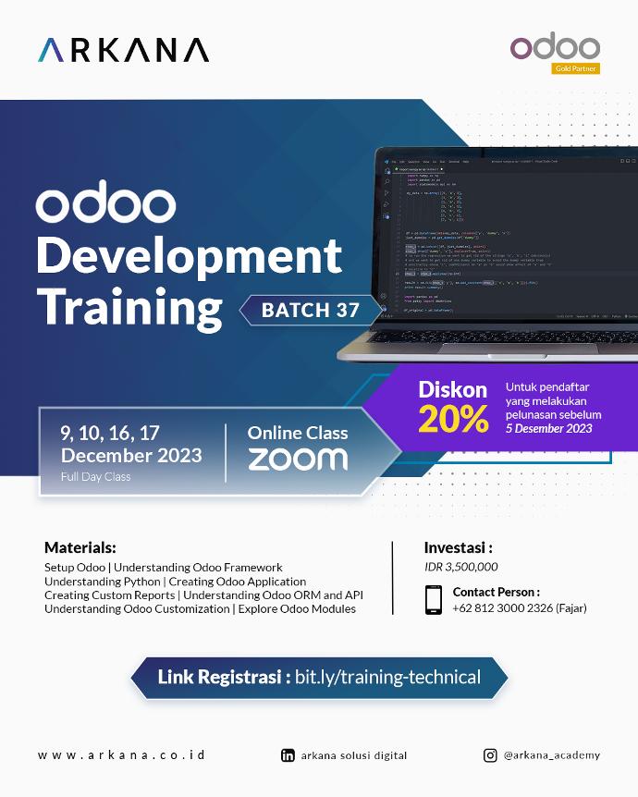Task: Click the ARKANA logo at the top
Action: click(123, 50)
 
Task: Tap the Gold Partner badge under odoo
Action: click(575, 68)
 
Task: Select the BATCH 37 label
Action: click(310, 310)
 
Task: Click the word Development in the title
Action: click(189, 256)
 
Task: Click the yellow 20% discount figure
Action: click(452, 419)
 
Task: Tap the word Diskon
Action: click(453, 388)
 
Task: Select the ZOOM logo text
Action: click(298, 459)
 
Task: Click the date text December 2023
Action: click(131, 455)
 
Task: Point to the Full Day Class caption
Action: click(96, 477)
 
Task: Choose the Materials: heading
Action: click(80, 547)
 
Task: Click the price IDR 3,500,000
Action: click(460, 567)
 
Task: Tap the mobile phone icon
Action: click(434, 599)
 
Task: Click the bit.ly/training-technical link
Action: click(388, 677)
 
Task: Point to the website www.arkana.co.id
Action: click(121, 754)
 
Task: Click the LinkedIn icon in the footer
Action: click(288, 754)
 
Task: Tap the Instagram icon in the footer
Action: click(490, 754)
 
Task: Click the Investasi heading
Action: click(458, 547)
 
